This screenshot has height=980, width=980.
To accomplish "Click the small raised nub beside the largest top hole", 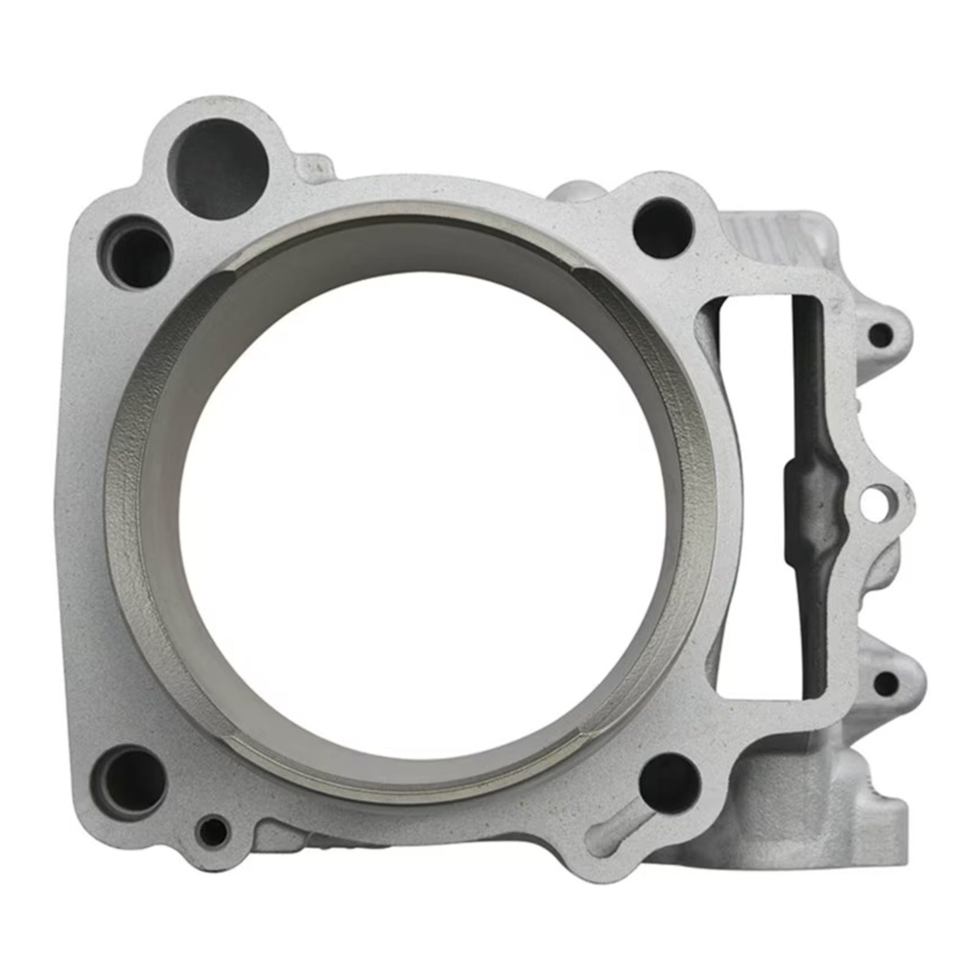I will click(314, 164).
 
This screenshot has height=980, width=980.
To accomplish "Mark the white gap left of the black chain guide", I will click(750, 490).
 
